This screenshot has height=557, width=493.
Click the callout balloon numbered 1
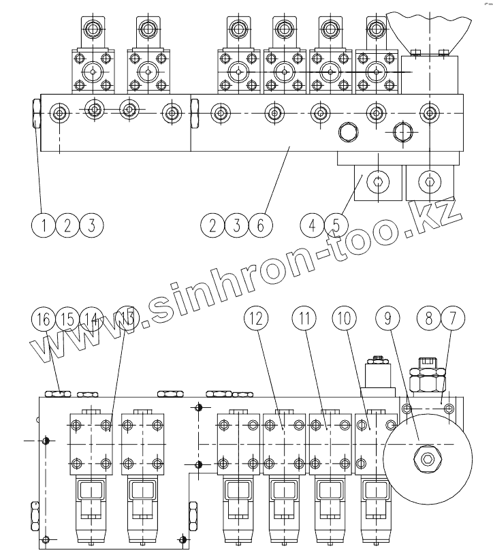[x=44, y=225]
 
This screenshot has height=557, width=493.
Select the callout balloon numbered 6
[x=258, y=225]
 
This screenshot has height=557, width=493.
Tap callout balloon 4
[x=312, y=225]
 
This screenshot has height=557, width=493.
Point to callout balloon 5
[x=334, y=225]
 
